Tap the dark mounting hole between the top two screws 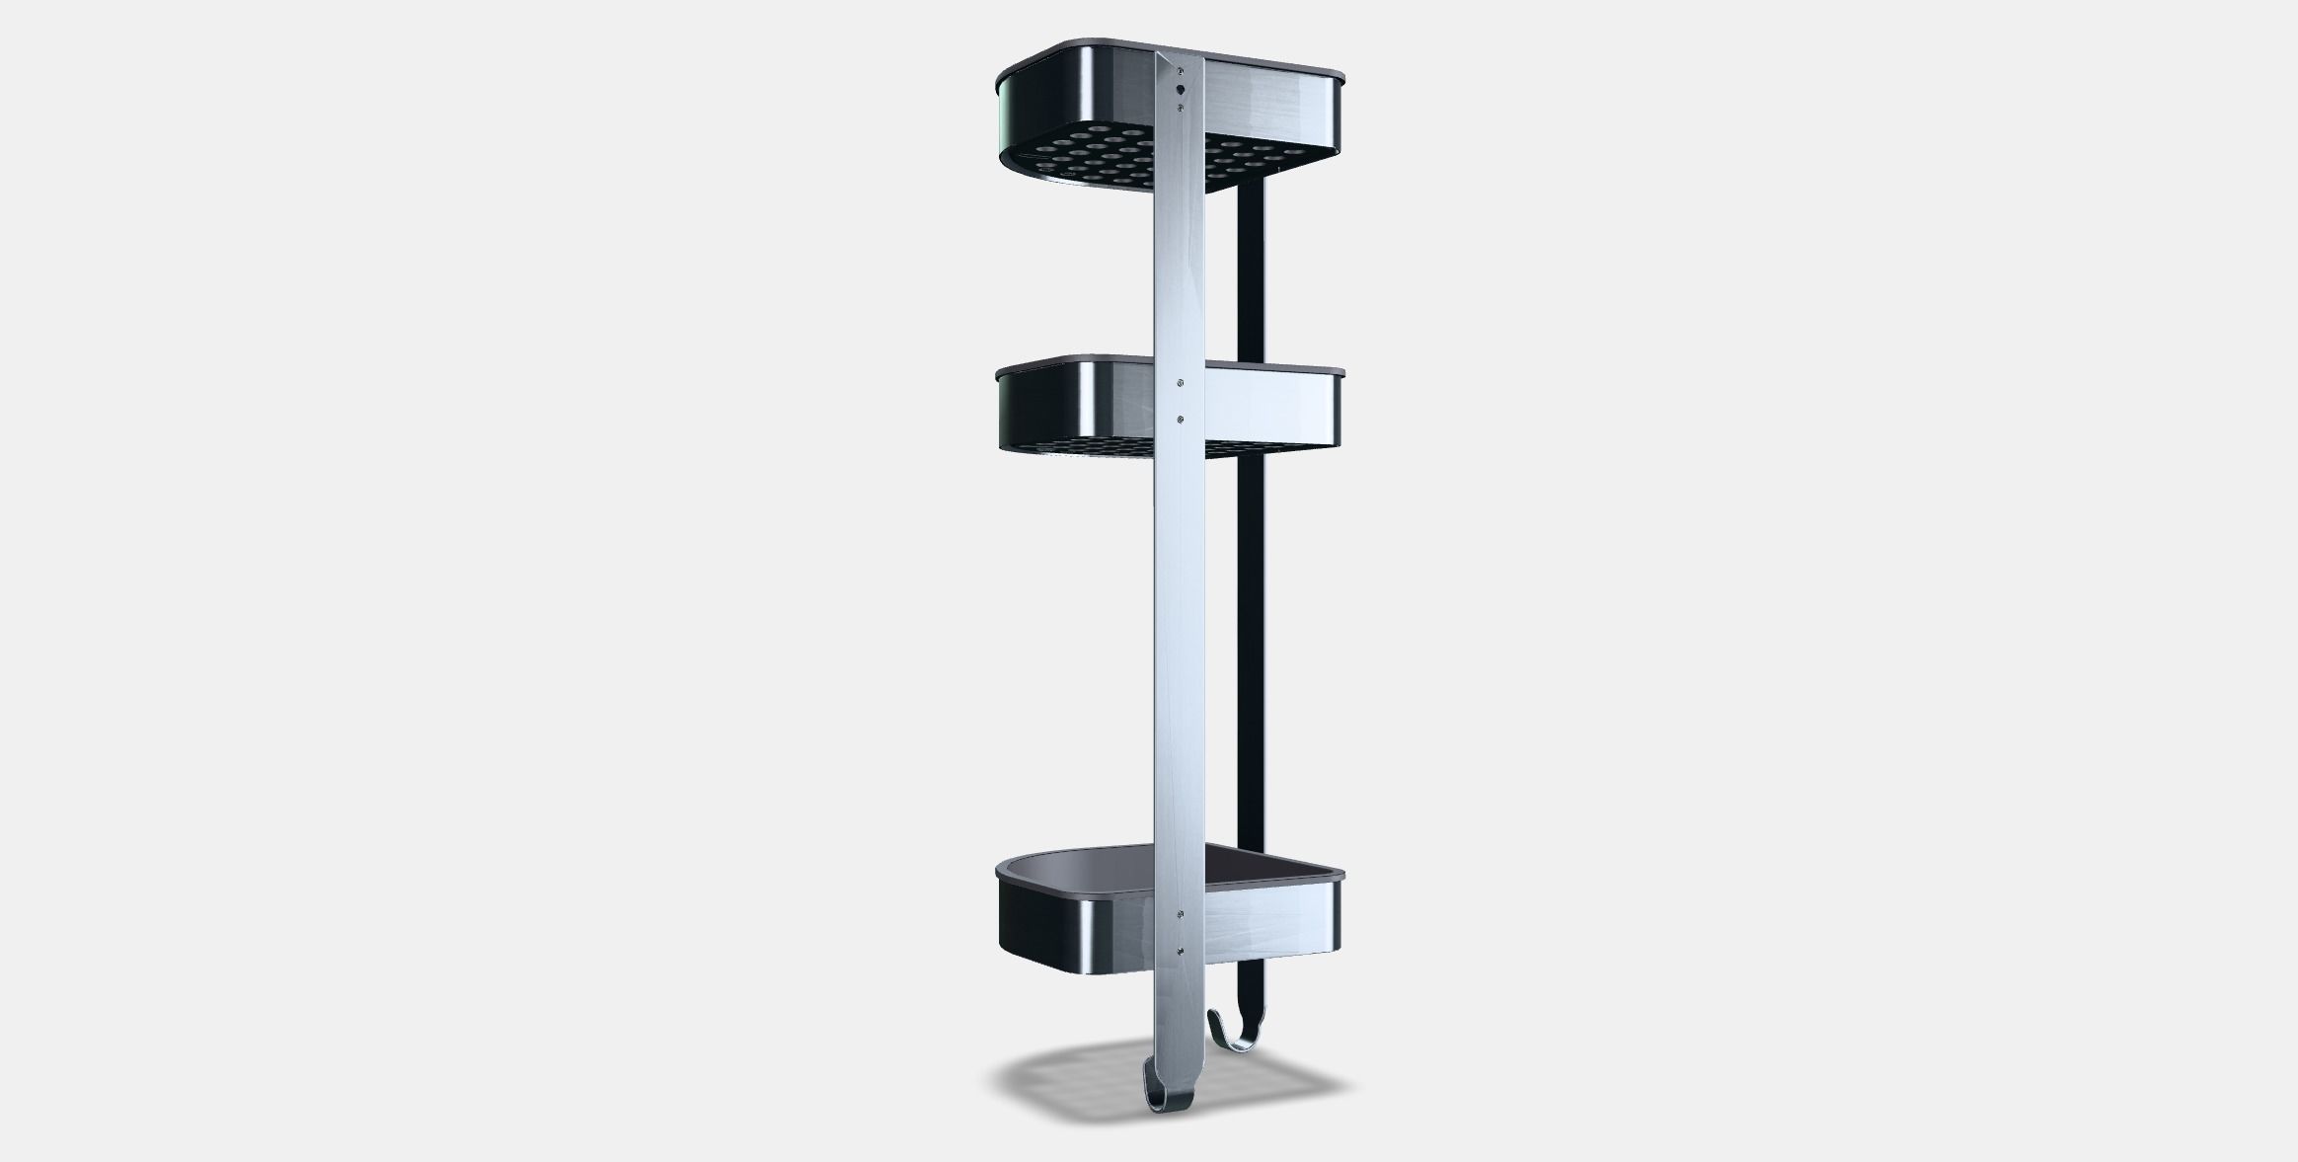point(1181,89)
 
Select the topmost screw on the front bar point(1182,70)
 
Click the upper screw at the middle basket point(1181,380)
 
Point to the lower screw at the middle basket point(1181,420)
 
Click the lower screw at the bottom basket point(1181,953)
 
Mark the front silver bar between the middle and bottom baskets point(1181,671)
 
